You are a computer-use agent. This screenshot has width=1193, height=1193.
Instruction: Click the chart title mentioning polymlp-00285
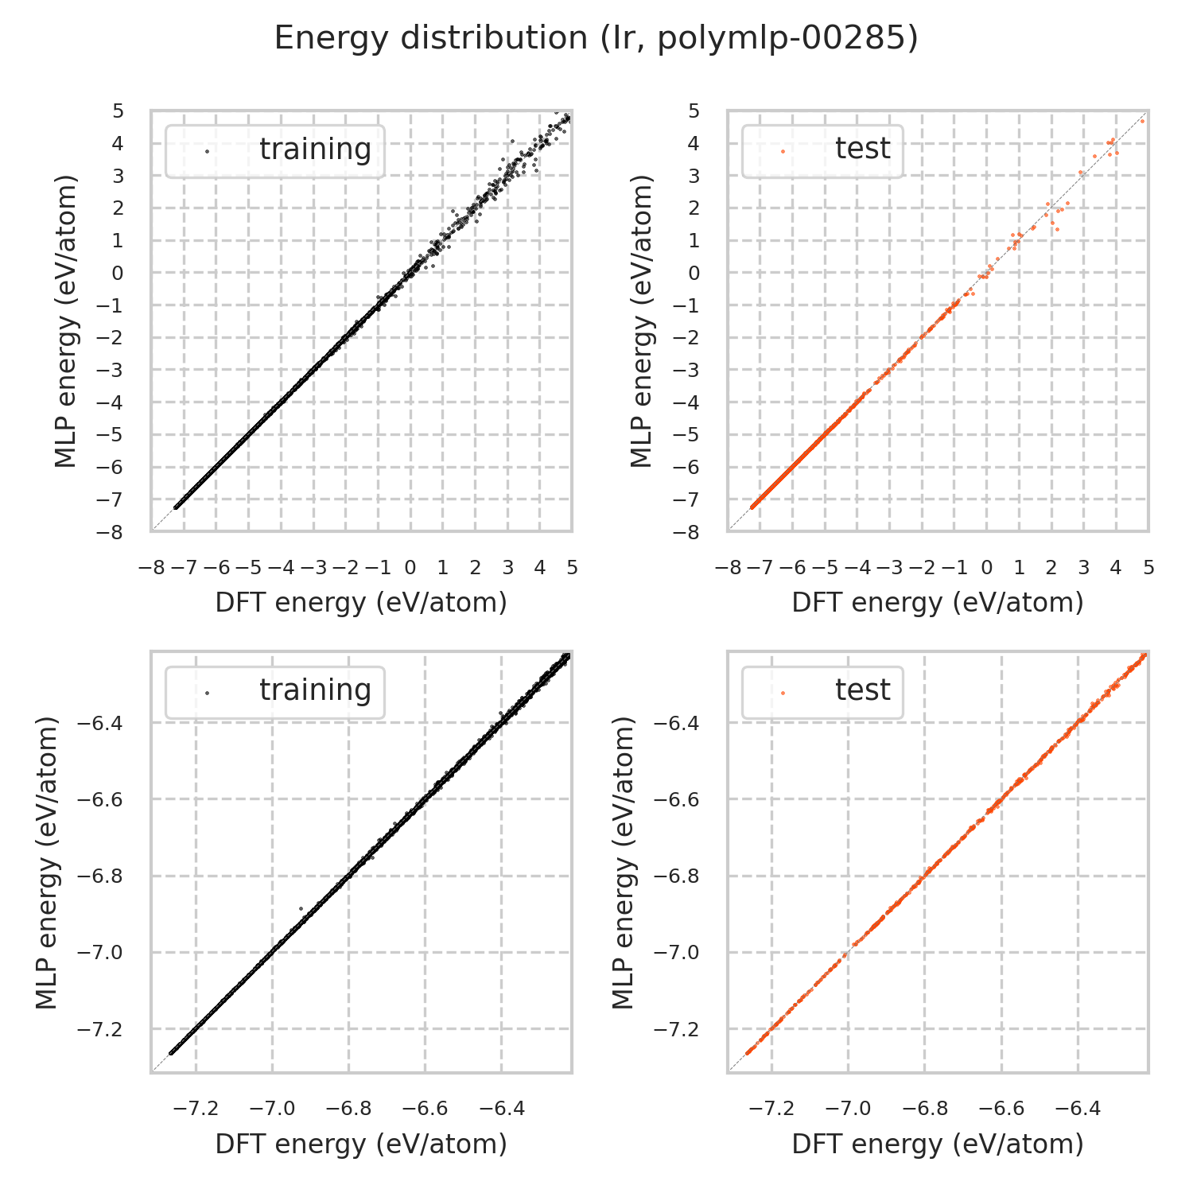click(x=596, y=38)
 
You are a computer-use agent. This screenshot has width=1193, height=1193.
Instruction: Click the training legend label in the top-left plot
click(x=315, y=150)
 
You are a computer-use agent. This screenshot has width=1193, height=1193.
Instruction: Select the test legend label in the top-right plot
click(x=862, y=149)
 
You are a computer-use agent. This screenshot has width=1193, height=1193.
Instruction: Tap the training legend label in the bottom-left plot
click(x=315, y=690)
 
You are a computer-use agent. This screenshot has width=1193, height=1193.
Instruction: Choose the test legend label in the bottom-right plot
click(x=862, y=690)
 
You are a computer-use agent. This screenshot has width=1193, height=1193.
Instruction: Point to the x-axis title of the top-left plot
click(x=361, y=603)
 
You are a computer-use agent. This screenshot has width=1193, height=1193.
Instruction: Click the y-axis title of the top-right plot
click(x=641, y=321)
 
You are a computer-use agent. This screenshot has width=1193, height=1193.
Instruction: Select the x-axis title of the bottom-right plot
click(x=938, y=1144)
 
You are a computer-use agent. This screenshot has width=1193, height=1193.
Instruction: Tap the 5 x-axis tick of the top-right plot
click(x=1148, y=568)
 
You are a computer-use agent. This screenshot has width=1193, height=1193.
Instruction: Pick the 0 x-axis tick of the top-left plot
click(x=410, y=568)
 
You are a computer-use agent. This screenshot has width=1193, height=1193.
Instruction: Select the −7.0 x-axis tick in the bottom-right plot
click(x=848, y=1109)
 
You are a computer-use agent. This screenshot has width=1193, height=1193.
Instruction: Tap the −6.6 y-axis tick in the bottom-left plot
click(x=100, y=799)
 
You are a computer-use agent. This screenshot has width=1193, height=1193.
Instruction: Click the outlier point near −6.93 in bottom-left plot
click(x=301, y=908)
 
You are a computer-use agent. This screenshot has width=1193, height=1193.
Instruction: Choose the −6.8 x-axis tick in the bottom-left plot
click(x=348, y=1109)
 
